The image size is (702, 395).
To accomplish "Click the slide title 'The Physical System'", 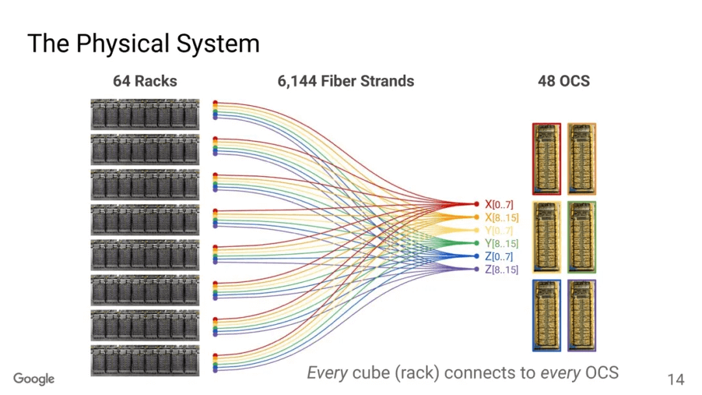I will (143, 44).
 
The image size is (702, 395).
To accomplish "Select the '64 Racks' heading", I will (145, 81).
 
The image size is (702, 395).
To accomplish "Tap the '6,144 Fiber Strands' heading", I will (345, 81).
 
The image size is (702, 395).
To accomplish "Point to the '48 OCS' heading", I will (564, 81).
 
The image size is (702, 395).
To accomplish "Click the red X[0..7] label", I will (499, 204).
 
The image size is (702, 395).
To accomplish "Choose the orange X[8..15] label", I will (501, 217).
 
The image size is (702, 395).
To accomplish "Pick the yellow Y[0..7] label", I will (499, 230).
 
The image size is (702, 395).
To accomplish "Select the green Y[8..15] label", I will (501, 243).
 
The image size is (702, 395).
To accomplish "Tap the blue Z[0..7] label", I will (499, 256).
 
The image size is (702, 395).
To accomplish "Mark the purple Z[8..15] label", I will (501, 269).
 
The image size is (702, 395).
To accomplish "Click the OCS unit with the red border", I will (546, 159).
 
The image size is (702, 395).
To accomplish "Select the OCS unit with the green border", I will (582, 236).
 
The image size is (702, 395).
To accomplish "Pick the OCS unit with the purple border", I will (582, 315).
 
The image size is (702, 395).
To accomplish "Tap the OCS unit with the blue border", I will (546, 315).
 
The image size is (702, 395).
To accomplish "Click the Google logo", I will (34, 379).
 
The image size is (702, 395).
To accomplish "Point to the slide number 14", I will (675, 379).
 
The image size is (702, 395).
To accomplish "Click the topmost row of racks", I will (145, 114).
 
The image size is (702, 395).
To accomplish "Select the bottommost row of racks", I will (145, 360).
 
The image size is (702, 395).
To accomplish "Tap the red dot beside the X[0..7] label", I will (476, 204).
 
